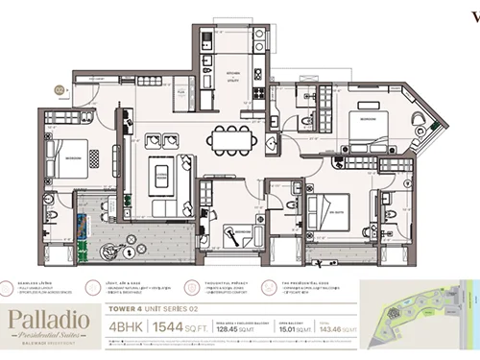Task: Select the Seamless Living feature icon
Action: point(19,285)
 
